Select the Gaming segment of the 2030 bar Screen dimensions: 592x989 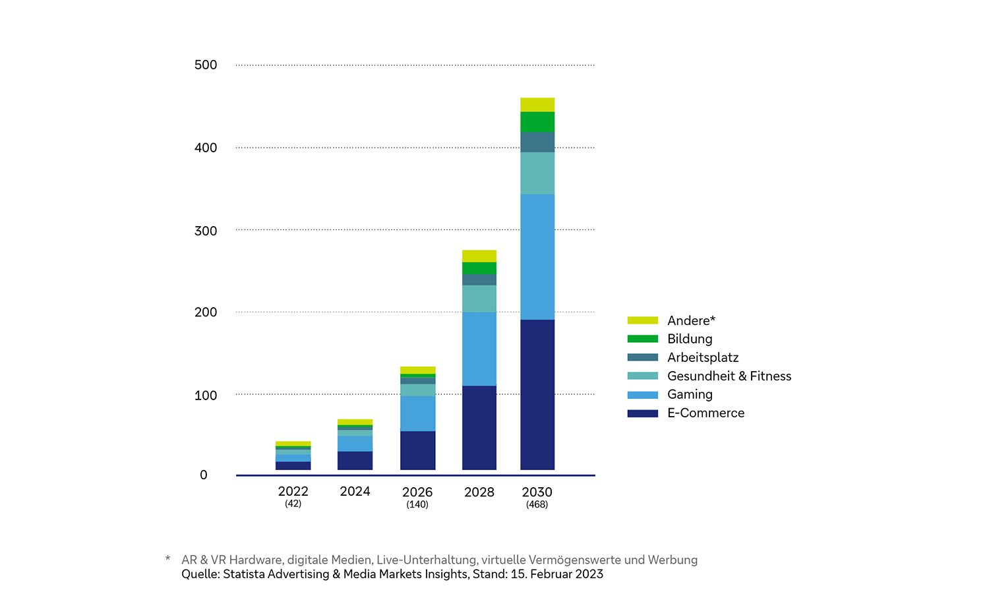(537, 256)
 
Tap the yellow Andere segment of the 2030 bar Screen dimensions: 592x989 (537, 105)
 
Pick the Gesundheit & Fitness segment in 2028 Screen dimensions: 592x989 (479, 299)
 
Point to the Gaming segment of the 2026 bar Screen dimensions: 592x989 (417, 413)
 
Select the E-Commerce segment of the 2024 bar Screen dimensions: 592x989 (355, 460)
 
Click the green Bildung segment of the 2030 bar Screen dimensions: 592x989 (537, 122)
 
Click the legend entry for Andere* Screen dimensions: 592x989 (691, 320)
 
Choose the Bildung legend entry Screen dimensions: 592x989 (690, 339)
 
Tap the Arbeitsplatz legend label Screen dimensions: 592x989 (703, 357)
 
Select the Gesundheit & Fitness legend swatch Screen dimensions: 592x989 (643, 376)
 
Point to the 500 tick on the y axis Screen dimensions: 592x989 (206, 65)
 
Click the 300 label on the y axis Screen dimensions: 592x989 (206, 231)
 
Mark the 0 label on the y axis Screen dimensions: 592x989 (204, 475)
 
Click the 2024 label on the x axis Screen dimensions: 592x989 (355, 491)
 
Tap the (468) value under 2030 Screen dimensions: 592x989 (537, 504)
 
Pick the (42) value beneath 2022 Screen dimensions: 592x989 (293, 504)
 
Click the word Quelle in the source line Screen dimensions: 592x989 (200, 574)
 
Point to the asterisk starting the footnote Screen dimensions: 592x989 (167, 559)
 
